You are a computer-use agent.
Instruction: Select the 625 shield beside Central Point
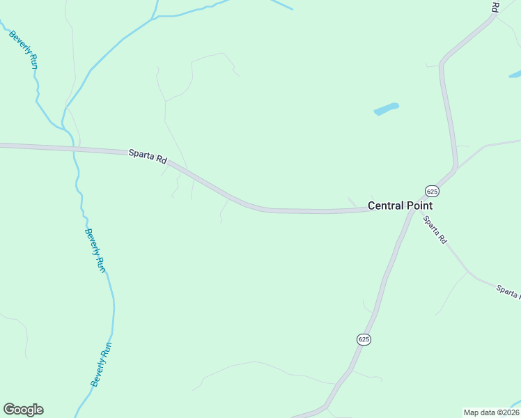[432, 191]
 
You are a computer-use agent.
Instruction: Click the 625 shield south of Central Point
[364, 339]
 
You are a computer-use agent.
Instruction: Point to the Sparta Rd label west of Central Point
[148, 156]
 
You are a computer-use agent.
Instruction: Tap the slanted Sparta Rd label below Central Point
[435, 229]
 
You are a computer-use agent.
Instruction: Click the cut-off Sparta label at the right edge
[508, 291]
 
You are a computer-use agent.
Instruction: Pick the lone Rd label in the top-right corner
[495, 7]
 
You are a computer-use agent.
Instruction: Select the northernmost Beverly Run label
[24, 49]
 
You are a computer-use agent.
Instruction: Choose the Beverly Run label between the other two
[95, 250]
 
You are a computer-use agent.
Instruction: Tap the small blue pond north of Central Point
[386, 109]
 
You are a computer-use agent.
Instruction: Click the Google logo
[23, 410]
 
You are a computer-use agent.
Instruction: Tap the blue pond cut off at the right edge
[515, 74]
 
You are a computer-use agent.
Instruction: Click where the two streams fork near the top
[154, 17]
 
